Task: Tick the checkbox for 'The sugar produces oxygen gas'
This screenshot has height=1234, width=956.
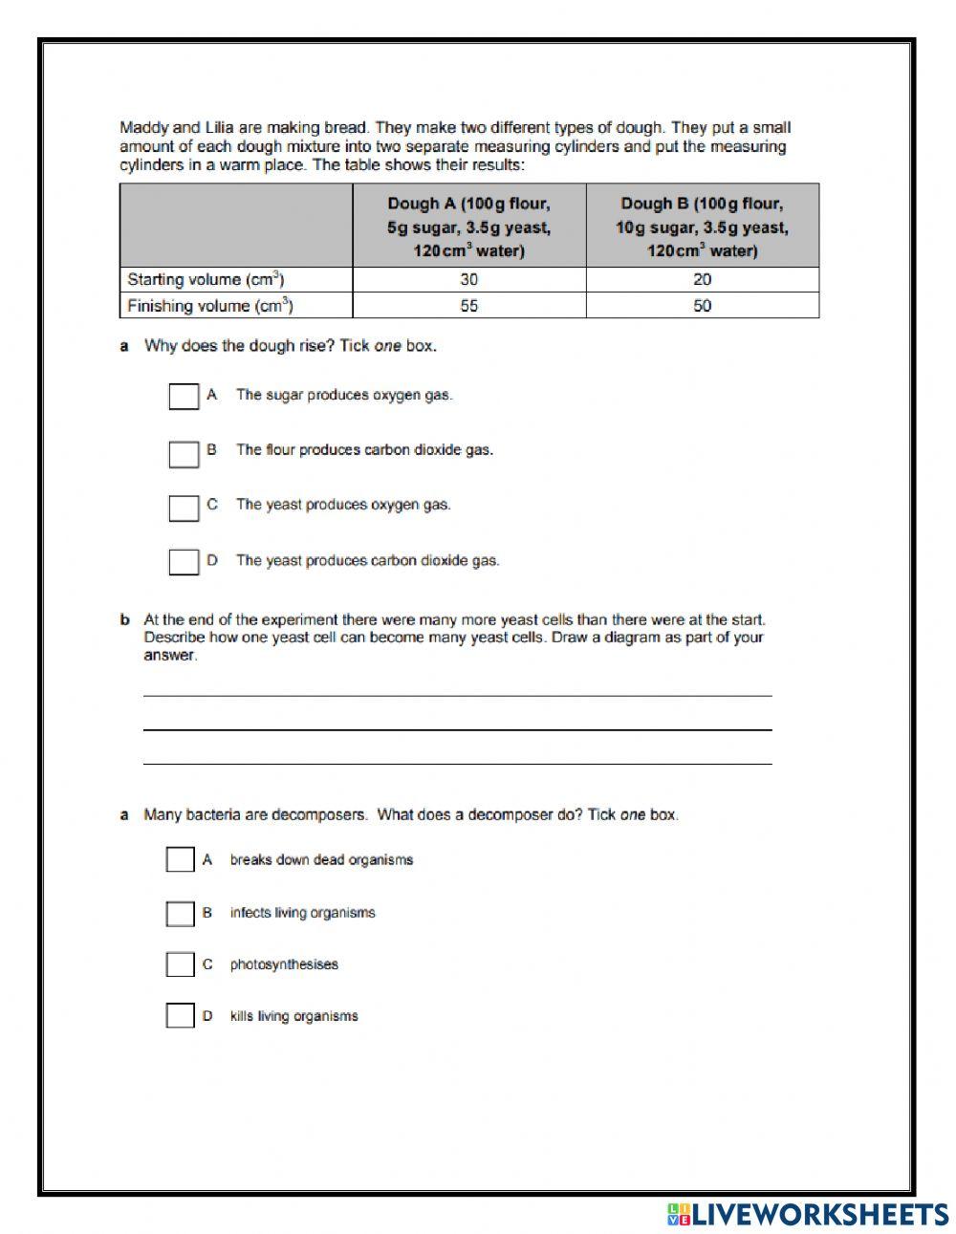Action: pyautogui.click(x=184, y=396)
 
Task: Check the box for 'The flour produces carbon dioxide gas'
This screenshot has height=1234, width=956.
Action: pyautogui.click(x=184, y=453)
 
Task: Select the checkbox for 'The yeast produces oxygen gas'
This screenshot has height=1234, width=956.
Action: pyautogui.click(x=184, y=508)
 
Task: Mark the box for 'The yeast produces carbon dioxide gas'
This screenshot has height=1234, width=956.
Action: pyautogui.click(x=184, y=562)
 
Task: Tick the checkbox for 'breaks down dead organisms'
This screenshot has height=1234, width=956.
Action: pyautogui.click(x=180, y=859)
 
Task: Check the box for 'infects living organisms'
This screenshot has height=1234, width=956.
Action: pyautogui.click(x=180, y=914)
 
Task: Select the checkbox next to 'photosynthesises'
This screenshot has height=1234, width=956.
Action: pyautogui.click(x=180, y=964)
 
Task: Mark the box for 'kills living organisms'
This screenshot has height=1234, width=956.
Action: pyautogui.click(x=180, y=1015)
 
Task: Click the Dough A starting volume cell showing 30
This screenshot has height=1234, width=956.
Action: pyautogui.click(x=468, y=280)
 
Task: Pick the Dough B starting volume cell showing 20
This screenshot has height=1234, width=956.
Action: pyautogui.click(x=702, y=280)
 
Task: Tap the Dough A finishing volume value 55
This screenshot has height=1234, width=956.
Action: pyautogui.click(x=468, y=306)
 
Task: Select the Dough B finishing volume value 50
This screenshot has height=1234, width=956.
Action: pyautogui.click(x=702, y=306)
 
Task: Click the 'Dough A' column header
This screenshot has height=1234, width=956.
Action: pyautogui.click(x=468, y=227)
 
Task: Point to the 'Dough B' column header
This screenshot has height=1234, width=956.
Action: pyautogui.click(x=702, y=227)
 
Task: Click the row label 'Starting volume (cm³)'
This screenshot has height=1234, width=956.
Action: pyautogui.click(x=206, y=280)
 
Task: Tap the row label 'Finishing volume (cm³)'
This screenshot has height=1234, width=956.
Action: pyautogui.click(x=209, y=306)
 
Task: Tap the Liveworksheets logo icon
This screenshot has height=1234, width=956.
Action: pyautogui.click(x=679, y=1214)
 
